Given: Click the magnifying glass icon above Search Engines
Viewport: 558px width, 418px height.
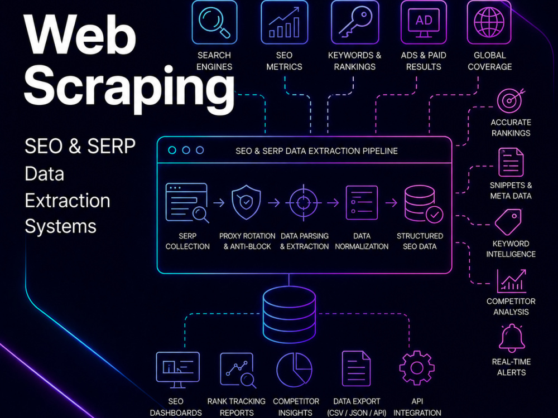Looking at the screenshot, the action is click(x=214, y=22).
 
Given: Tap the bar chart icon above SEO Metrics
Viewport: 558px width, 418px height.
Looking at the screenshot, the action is click(x=284, y=22).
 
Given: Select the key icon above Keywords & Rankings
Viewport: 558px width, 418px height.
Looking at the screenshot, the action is click(x=355, y=22).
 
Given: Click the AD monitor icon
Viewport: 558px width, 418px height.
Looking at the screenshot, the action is click(x=424, y=22).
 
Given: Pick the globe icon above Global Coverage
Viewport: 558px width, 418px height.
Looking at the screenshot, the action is click(x=489, y=22).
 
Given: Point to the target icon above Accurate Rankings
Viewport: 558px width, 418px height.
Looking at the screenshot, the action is click(x=511, y=100).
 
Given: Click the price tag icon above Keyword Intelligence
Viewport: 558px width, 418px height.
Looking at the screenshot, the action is click(x=508, y=222).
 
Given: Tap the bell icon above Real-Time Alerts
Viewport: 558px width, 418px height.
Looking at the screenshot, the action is click(x=511, y=338).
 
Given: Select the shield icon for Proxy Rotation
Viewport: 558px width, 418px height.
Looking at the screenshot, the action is click(x=246, y=202).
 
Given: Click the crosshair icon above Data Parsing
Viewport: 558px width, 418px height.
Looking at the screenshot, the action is click(x=303, y=203).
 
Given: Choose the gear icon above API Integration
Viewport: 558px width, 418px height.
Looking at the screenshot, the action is click(x=417, y=368).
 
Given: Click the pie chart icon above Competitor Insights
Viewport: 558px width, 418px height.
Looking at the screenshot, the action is click(x=294, y=370).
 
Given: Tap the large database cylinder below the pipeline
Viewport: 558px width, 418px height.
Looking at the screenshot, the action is click(x=289, y=314).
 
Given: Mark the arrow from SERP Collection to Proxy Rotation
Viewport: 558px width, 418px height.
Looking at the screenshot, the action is click(x=219, y=203).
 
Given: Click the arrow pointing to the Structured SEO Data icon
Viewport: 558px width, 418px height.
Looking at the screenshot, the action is click(x=391, y=203).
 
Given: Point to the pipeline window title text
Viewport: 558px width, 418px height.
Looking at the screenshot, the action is click(x=316, y=151).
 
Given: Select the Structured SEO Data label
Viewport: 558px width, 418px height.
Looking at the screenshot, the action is click(x=420, y=241).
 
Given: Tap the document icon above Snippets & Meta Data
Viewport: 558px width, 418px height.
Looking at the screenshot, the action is click(x=511, y=162).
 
